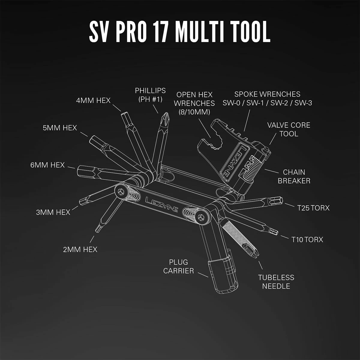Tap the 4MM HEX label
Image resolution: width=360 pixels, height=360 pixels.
(93, 100)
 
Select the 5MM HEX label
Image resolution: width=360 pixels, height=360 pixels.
(60, 128)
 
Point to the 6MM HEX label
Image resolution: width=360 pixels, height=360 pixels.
(47, 165)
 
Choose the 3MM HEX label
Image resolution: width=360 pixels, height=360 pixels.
(53, 212)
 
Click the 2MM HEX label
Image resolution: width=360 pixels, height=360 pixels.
(80, 249)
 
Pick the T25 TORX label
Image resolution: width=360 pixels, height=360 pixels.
(313, 208)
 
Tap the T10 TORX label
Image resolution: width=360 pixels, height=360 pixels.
(307, 239)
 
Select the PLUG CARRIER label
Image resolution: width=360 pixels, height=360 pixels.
(178, 266)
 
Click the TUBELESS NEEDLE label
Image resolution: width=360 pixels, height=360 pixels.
(276, 282)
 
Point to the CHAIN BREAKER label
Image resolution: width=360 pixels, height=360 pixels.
(294, 176)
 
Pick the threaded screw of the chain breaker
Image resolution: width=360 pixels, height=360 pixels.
(251, 171)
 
